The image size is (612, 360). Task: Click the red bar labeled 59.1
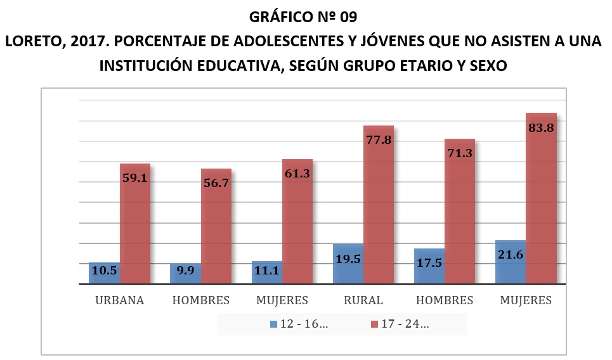(135, 225)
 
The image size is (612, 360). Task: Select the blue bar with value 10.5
(104, 273)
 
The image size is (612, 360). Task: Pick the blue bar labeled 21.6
(511, 262)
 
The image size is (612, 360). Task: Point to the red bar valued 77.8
(379, 206)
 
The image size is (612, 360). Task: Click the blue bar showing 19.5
(348, 264)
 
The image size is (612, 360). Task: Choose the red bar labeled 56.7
(216, 227)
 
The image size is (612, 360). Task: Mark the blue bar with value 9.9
(185, 274)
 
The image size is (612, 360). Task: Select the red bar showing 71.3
(460, 212)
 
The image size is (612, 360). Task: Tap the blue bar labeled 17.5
(429, 266)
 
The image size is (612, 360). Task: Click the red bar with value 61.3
(297, 222)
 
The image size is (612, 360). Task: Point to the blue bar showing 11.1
(267, 273)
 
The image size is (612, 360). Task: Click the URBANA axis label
(120, 300)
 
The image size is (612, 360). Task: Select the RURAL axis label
(363, 300)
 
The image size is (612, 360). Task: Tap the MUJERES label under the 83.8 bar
(526, 300)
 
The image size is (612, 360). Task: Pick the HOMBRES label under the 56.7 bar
(201, 300)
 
